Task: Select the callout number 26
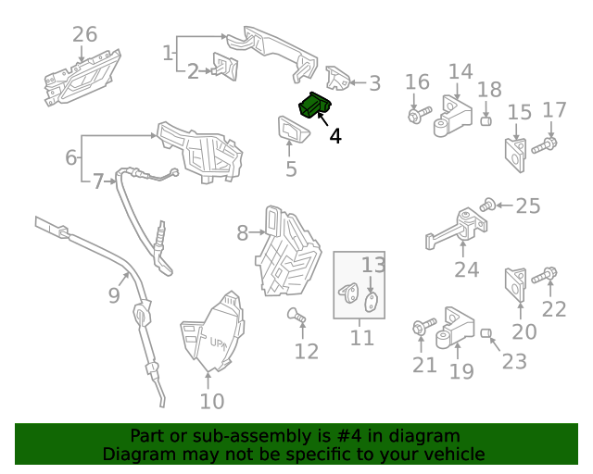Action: click(84, 35)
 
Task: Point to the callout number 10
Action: click(212, 401)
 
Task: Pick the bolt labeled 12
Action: click(296, 318)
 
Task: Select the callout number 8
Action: click(242, 233)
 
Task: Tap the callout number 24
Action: click(467, 269)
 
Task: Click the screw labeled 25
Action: click(487, 205)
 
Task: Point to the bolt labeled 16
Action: click(416, 116)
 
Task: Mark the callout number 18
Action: click(489, 90)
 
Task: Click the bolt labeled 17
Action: click(546, 143)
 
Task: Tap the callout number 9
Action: click(114, 295)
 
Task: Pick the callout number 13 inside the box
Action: click(372, 265)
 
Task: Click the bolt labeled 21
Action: click(422, 327)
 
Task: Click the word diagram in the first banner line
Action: click(426, 435)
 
